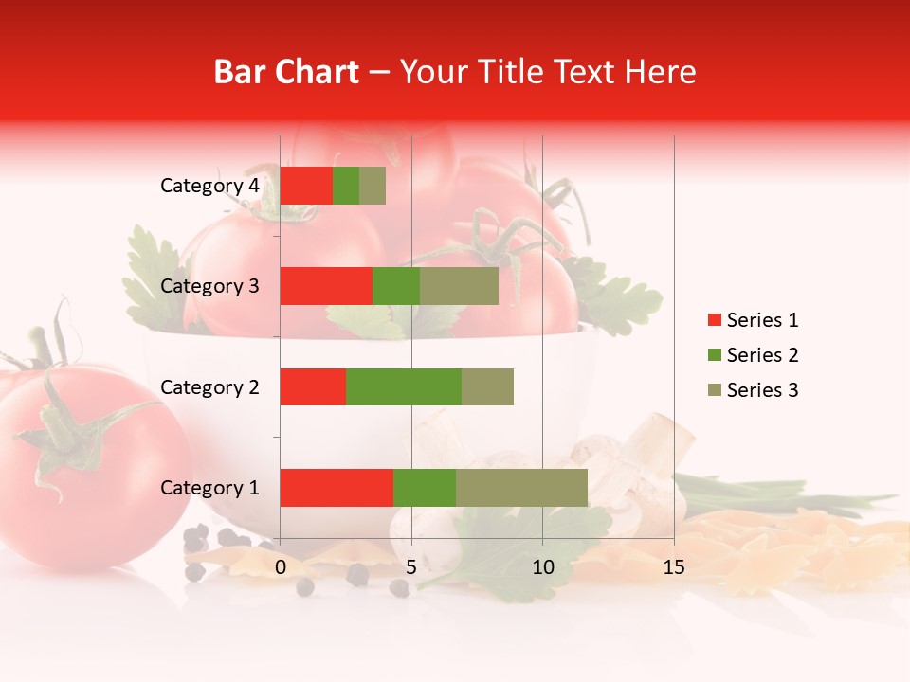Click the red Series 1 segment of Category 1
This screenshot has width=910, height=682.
coord(337,488)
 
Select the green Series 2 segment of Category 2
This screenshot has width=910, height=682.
coord(404,386)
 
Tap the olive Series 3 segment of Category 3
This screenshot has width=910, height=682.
coord(459,286)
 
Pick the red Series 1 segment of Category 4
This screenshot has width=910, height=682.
coord(306,186)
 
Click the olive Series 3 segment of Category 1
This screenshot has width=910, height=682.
coord(521,488)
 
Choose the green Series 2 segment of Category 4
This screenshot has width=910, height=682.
coord(346,186)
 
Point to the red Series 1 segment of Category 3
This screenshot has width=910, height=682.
coord(326,286)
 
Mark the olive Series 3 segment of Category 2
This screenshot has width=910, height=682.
coord(487,386)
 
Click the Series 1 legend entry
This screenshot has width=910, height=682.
coord(753,320)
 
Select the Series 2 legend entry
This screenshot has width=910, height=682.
coord(753,355)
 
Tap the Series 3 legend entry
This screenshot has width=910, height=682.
coord(753,390)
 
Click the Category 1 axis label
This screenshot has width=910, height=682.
coord(209,488)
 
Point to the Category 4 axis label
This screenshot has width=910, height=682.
coord(209,186)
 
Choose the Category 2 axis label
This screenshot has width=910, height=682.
coord(209,386)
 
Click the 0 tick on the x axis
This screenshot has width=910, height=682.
coord(281,567)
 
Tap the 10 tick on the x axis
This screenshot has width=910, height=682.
coord(542,567)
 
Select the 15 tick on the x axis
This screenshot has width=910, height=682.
coord(673,567)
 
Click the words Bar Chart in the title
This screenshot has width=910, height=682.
coord(286,72)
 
